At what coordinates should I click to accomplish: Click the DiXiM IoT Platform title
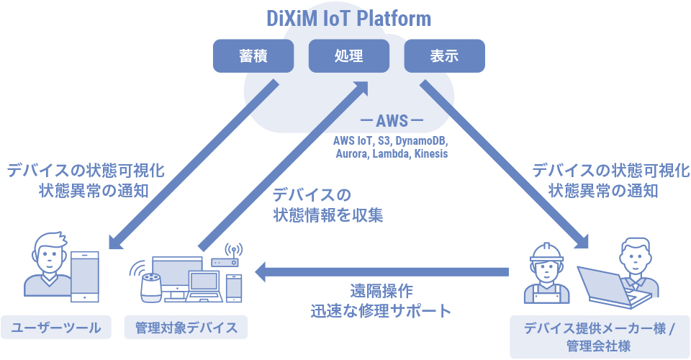point(348,19)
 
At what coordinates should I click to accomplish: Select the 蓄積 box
point(253,56)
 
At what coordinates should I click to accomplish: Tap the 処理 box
point(349,56)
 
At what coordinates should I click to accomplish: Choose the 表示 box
point(444,56)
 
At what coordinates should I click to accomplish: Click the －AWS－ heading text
point(392,120)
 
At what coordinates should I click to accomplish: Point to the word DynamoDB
point(421,141)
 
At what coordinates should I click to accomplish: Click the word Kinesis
point(431,154)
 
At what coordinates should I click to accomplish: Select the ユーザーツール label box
point(56,328)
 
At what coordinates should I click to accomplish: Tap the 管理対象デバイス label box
point(186,328)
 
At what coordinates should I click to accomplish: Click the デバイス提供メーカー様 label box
point(600,337)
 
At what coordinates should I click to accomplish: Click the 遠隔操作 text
point(381,291)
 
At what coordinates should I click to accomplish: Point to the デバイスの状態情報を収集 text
point(328,205)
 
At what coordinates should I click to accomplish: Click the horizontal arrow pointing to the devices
point(382,272)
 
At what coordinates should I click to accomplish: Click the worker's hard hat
point(546,251)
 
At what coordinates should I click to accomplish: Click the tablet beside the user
point(85,276)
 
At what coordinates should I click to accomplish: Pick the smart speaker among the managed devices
point(151,287)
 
